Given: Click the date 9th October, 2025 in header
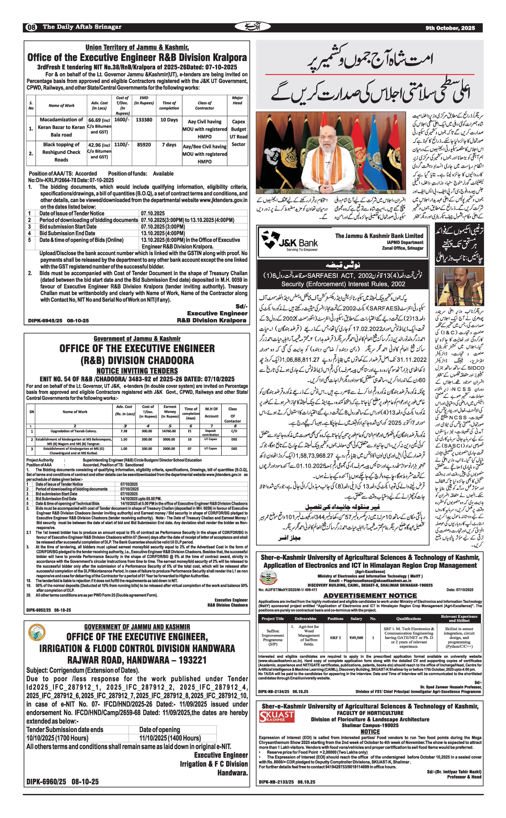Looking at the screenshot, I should tap(450, 28).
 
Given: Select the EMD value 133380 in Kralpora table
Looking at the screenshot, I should tap(144, 120).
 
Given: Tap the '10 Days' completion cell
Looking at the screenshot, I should tap(169, 120).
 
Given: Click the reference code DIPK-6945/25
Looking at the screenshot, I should tap(45, 320).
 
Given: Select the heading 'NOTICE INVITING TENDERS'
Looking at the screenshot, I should tap(137, 371).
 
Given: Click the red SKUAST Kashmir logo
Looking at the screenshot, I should tap(277, 717).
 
